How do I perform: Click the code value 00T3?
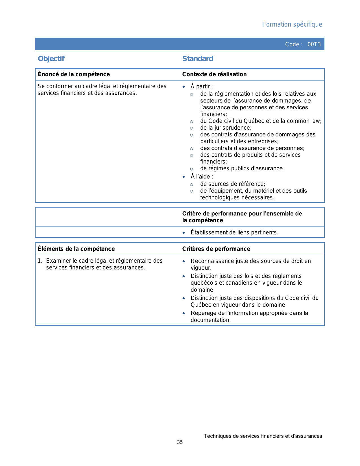pyautogui.click(x=314, y=44)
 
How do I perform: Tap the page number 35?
pyautogui.click(x=180, y=442)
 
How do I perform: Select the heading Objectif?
pyautogui.click(x=51, y=58)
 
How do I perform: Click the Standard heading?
pyautogui.click(x=198, y=58)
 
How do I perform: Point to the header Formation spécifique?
pyautogui.click(x=292, y=24)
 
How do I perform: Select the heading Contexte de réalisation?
pyautogui.click(x=214, y=74)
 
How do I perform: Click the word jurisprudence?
pyautogui.click(x=233, y=128)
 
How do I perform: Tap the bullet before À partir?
pyautogui.click(x=184, y=87)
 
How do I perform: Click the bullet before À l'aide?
pyautogui.click(x=184, y=177)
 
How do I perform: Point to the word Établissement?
pyautogui.click(x=209, y=232)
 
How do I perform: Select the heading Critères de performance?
pyautogui.click(x=216, y=249)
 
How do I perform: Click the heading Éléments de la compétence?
pyautogui.click(x=76, y=249)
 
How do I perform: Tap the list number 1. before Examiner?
pyautogui.click(x=40, y=261)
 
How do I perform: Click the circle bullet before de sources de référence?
pyautogui.click(x=191, y=185)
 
